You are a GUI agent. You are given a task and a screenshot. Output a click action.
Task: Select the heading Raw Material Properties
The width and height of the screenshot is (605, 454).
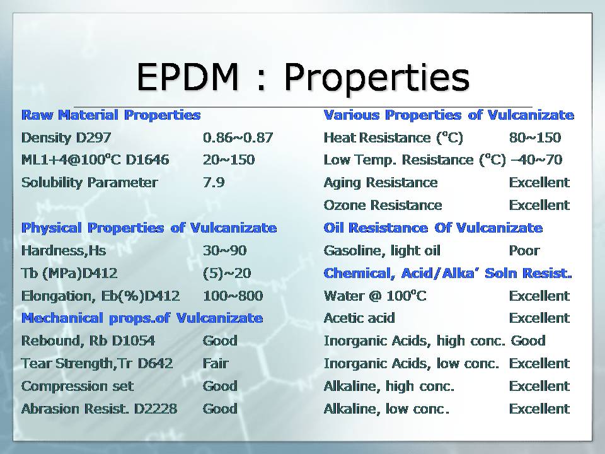(111, 115)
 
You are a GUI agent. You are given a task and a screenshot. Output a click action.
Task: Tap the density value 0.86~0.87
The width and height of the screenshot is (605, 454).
(238, 137)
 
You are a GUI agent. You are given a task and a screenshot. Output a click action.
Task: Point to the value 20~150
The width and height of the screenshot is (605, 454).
(229, 160)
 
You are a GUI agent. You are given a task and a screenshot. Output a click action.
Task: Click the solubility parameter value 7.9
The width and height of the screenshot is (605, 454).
(214, 183)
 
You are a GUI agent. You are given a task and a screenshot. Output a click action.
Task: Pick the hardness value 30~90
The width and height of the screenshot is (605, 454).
(224, 250)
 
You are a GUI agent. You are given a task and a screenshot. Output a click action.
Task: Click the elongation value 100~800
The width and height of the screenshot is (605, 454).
(233, 296)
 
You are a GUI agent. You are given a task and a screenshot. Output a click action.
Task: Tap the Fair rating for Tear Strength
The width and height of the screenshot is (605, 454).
(216, 363)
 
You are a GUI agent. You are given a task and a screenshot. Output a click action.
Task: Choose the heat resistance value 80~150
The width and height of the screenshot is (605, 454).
(534, 137)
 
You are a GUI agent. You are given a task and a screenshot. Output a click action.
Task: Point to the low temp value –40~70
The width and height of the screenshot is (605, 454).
(536, 160)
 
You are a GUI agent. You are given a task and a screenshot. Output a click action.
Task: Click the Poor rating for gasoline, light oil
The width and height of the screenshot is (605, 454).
(524, 250)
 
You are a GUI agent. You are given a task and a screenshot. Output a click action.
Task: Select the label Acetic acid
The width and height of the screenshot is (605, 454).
(359, 318)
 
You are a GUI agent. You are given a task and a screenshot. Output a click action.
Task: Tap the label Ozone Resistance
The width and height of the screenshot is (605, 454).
(383, 206)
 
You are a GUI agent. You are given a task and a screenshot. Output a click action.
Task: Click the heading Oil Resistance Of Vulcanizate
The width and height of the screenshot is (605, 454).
(433, 228)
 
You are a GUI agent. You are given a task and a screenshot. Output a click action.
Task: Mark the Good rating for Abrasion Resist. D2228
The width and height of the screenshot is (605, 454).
(220, 409)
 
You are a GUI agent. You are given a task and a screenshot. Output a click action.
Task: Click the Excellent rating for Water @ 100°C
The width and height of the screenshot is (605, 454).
(539, 296)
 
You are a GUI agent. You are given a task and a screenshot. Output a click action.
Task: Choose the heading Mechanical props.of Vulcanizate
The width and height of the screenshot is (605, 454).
(142, 318)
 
